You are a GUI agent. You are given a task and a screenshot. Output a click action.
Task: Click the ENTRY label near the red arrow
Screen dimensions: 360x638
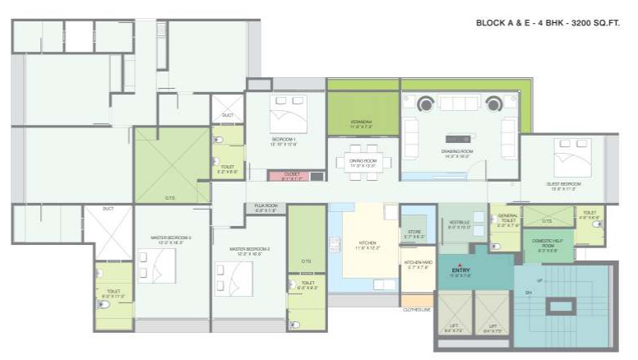460,270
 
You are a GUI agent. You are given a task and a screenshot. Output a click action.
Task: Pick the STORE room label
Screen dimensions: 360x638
415,233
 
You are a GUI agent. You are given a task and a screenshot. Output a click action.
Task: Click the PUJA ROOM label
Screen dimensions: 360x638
266,207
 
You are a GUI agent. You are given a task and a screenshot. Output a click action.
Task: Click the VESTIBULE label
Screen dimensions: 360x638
460,224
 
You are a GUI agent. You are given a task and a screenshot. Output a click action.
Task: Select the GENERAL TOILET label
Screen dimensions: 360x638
506,219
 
